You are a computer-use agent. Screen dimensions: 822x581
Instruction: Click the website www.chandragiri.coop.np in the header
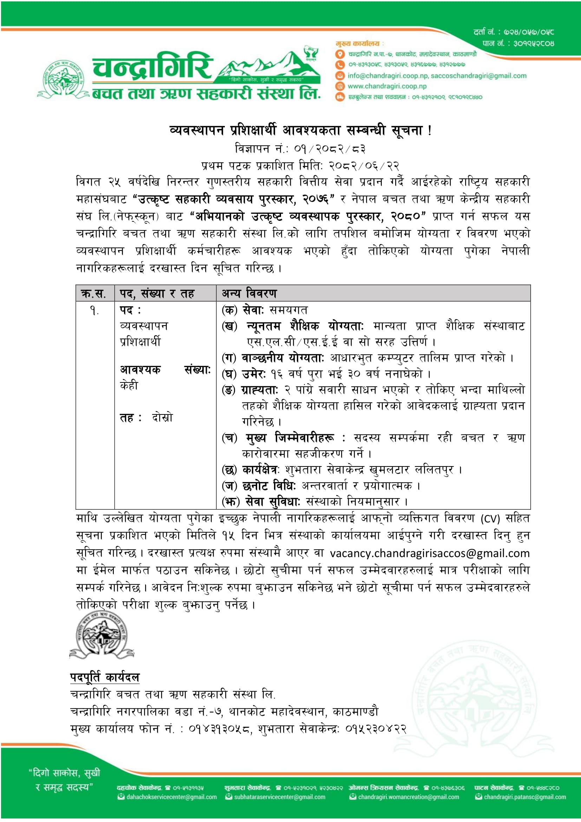387,86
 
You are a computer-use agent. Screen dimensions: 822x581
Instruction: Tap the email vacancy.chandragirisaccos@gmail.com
429,553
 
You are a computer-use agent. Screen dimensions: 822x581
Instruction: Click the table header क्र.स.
94,294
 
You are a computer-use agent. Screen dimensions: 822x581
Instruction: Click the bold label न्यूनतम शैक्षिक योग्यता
304,327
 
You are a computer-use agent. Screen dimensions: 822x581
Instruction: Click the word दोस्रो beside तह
162,417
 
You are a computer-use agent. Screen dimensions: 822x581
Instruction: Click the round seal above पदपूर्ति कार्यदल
102,635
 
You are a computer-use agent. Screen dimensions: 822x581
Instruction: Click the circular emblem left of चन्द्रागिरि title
63,79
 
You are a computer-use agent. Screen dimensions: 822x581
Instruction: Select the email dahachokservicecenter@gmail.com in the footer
171,797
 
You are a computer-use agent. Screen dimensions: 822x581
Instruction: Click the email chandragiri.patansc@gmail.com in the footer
525,797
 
